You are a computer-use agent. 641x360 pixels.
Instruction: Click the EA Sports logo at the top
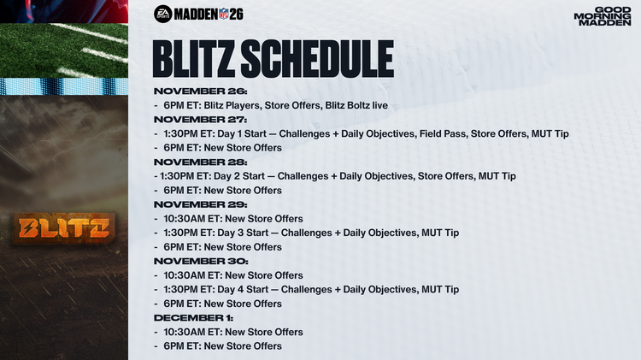coord(163,14)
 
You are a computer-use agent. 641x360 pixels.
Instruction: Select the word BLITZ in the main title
coord(191,59)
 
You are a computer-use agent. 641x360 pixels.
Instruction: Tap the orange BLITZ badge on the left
coord(64,228)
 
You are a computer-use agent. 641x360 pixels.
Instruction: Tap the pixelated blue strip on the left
coord(64,86)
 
